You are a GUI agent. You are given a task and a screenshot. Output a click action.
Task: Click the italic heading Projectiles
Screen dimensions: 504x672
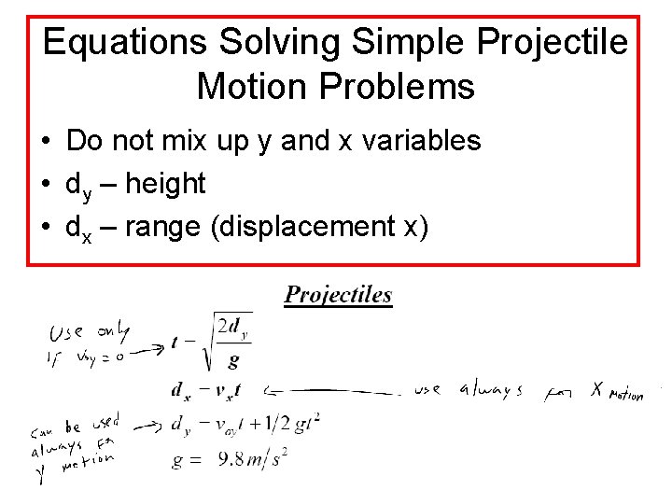338,296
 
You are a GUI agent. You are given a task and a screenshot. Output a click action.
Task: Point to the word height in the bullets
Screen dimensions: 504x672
164,184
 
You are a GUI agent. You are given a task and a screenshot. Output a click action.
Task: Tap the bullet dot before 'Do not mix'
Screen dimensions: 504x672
46,142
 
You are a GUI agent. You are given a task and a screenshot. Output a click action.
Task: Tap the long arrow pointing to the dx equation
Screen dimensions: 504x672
336,390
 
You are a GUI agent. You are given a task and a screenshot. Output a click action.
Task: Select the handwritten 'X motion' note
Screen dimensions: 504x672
616,392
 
